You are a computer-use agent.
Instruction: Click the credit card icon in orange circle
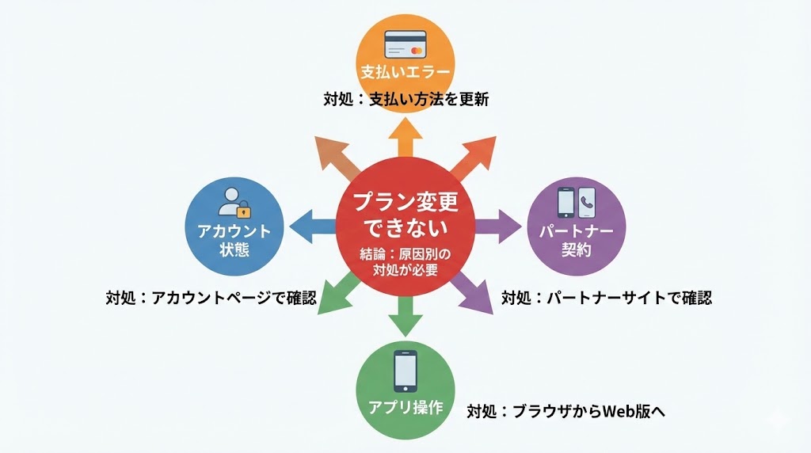click(405, 42)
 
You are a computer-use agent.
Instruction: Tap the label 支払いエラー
click(405, 72)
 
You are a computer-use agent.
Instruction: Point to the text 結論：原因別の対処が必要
click(405, 262)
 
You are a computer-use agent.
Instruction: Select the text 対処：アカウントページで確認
click(211, 298)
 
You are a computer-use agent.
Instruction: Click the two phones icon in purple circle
click(576, 202)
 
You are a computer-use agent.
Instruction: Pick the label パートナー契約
click(576, 241)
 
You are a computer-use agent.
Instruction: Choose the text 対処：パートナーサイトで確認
click(607, 298)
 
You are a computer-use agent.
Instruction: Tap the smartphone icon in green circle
click(405, 371)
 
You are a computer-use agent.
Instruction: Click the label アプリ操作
click(405, 408)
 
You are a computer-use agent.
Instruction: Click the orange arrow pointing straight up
click(405, 135)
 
